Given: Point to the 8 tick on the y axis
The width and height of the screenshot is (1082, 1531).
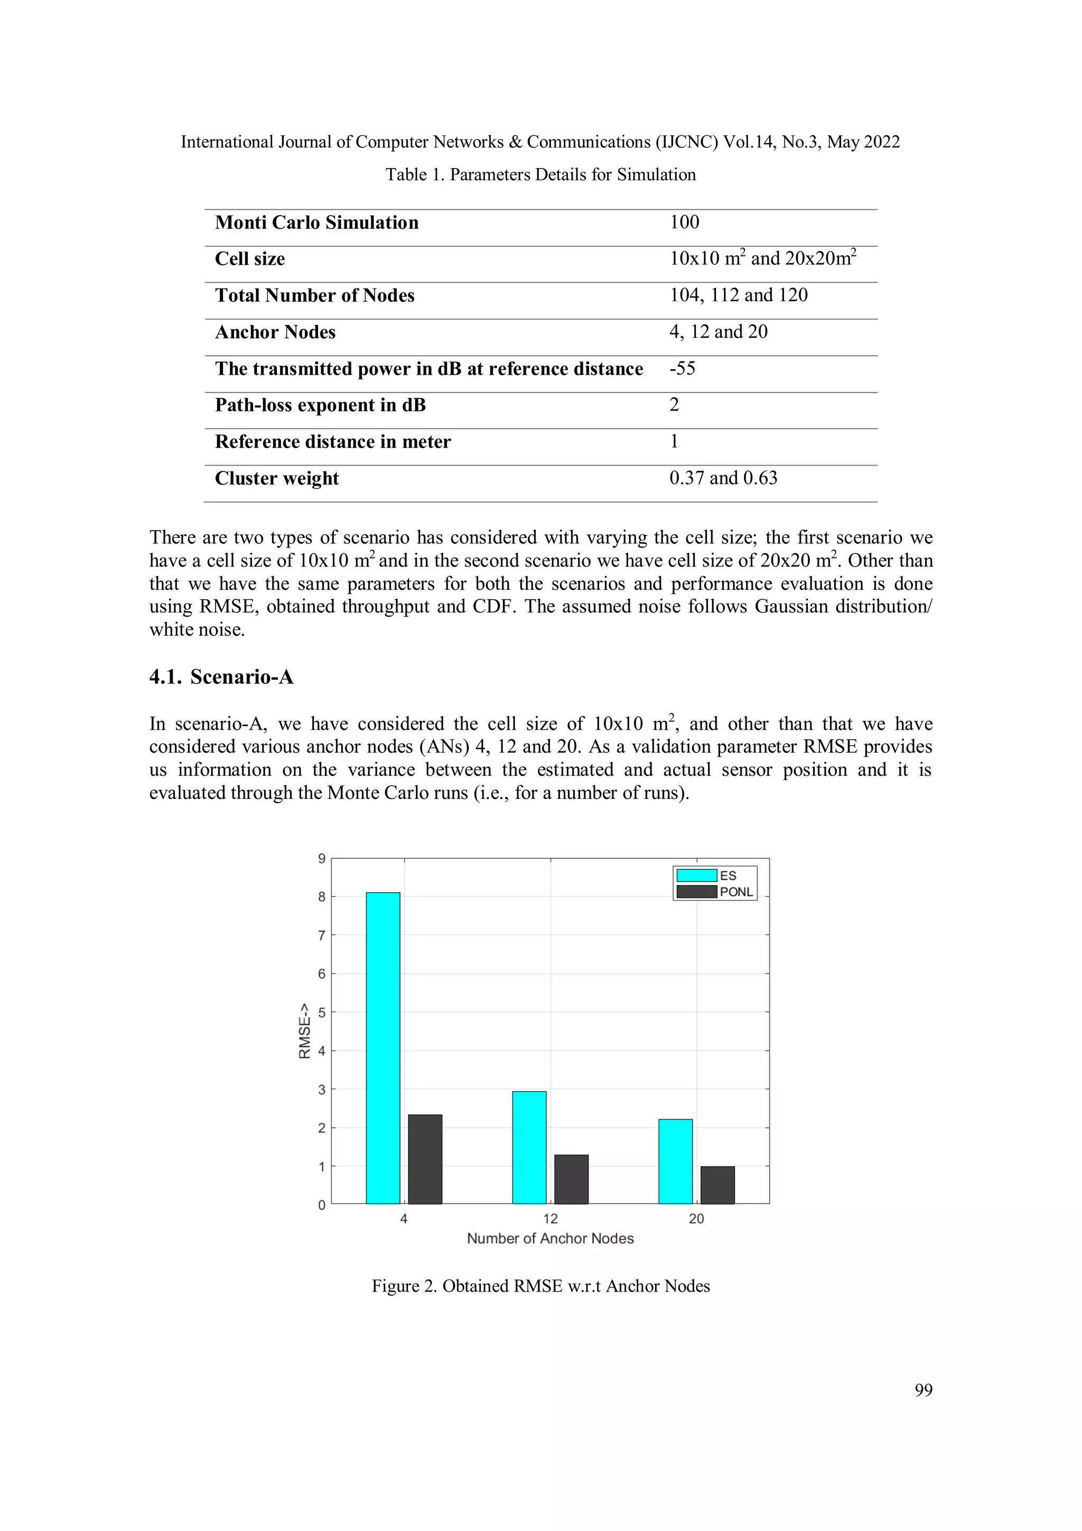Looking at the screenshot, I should [322, 897].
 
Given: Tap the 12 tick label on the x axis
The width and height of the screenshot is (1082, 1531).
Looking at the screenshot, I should [550, 1219].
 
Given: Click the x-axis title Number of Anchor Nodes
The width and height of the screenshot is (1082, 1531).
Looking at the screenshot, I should [550, 1238].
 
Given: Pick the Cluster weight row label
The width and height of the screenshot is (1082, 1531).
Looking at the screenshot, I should [277, 478].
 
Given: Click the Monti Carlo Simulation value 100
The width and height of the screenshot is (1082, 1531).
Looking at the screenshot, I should [684, 222].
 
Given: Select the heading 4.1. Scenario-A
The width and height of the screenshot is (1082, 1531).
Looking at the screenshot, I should [221, 677].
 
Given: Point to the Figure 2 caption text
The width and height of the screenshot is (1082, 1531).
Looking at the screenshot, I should [540, 1286].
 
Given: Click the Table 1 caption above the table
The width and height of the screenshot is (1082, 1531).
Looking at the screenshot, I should [540, 175].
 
